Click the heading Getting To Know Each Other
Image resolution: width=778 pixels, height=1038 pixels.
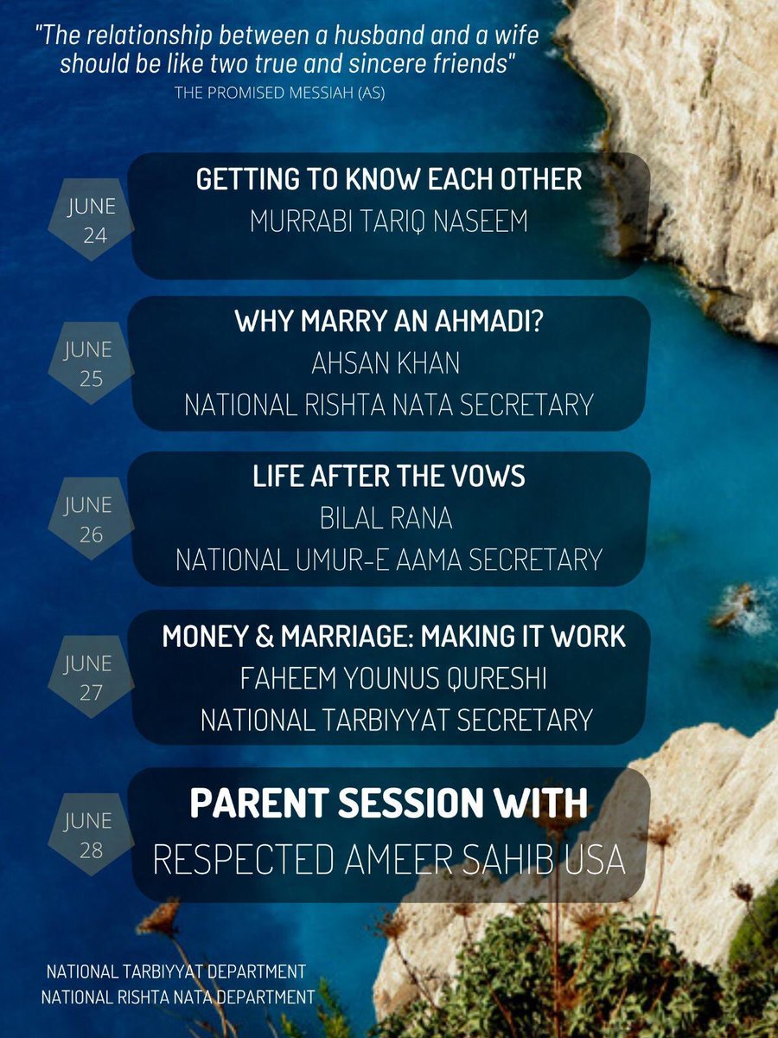point(388,180)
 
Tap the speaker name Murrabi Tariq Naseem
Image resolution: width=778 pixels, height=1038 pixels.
point(388,221)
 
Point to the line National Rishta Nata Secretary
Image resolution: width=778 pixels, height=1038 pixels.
point(388,404)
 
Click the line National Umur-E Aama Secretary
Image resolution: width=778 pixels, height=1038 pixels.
point(388,559)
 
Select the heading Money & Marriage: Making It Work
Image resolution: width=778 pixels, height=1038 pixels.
point(393,637)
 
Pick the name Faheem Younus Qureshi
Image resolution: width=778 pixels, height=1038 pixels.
point(393,679)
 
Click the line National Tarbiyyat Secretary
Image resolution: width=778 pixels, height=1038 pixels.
point(396,719)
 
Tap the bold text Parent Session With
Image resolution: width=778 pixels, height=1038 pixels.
point(388,804)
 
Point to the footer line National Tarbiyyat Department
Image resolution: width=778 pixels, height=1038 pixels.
point(175,971)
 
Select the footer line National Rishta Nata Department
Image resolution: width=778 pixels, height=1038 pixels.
point(178,997)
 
